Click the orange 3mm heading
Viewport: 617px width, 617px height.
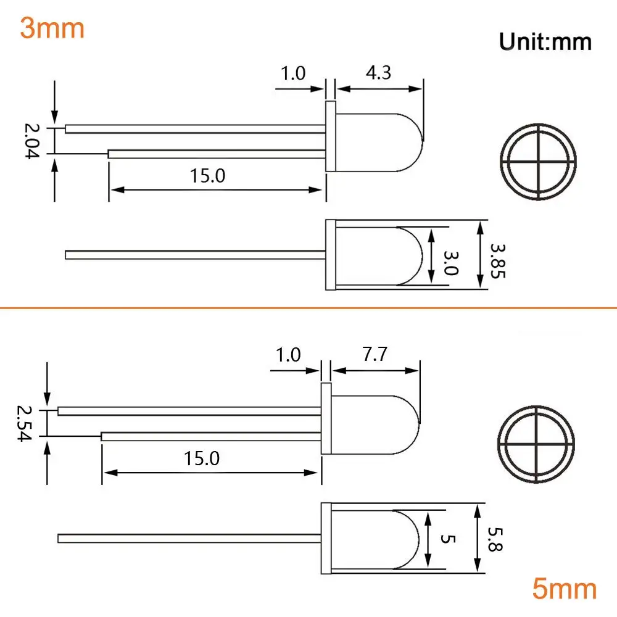pos(52,28)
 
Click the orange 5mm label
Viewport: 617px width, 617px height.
pos(565,589)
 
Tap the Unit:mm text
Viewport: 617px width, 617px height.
pos(545,41)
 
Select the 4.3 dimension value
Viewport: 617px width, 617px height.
pos(378,73)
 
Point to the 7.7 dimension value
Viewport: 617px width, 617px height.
pos(375,355)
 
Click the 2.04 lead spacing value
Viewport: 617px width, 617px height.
pos(31,141)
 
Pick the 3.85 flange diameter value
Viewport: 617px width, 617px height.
pos(497,260)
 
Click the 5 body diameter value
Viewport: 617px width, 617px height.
pos(446,539)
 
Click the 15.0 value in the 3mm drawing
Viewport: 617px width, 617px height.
pos(207,176)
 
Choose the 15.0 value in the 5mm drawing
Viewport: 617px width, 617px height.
pos(201,458)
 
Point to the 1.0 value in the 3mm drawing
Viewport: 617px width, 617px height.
pos(293,74)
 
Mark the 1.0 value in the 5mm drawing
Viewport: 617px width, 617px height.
pos(288,355)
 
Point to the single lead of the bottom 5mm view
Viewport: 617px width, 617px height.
pos(185,538)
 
